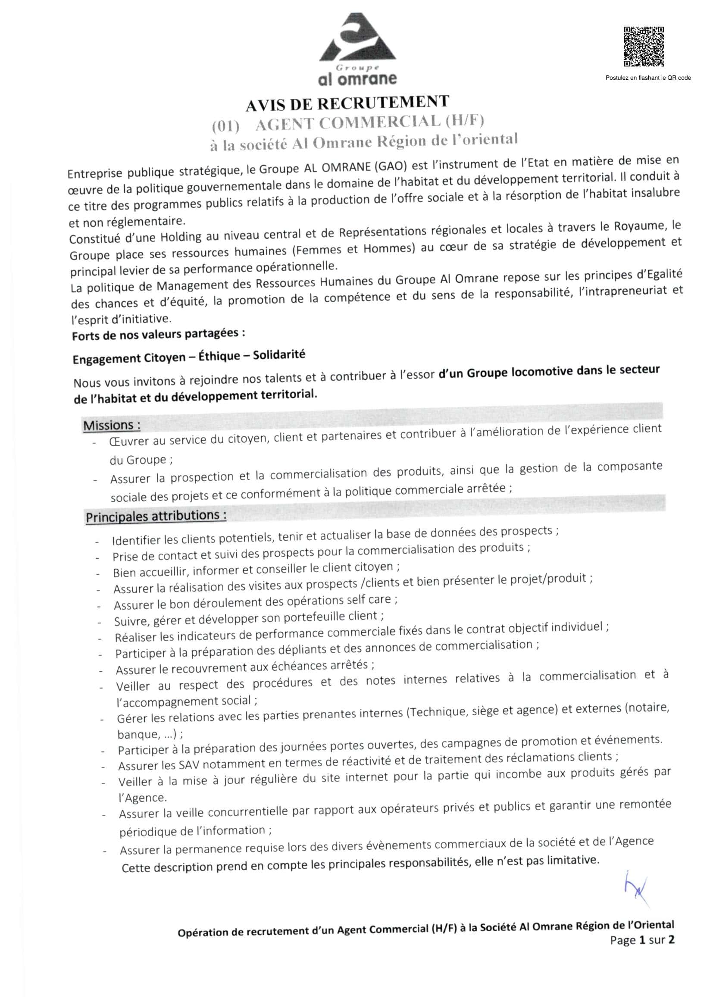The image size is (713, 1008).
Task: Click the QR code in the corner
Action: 644,47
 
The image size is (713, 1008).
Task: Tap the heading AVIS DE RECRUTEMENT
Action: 347,103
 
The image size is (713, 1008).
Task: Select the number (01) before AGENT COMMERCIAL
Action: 225,127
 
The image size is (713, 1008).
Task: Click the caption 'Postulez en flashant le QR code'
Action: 648,78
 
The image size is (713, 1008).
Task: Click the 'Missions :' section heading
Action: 112,426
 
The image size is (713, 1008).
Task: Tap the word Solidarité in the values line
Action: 279,355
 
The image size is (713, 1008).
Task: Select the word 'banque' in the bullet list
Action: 133,735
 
